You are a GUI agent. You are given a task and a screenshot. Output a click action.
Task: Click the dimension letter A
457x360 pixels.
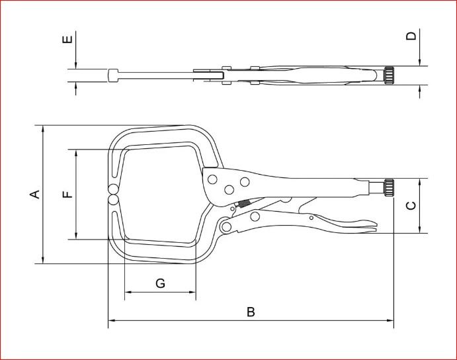[35, 195]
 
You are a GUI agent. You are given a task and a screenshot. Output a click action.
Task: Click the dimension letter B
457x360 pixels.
[251, 312]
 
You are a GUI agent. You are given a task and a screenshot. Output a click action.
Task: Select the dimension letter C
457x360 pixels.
[411, 206]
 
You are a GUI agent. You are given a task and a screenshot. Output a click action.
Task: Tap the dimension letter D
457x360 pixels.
[411, 36]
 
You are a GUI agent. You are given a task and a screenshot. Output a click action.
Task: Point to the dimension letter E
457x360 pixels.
[67, 40]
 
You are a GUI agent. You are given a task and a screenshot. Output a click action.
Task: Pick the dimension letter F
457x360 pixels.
[67, 195]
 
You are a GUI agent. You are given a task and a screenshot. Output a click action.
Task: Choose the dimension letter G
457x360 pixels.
[160, 283]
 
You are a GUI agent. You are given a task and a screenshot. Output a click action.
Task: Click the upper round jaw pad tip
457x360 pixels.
[113, 189]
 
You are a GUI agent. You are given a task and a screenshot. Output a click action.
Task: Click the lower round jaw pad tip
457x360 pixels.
[113, 200]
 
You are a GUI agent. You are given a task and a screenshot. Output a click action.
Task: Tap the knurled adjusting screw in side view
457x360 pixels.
[389, 188]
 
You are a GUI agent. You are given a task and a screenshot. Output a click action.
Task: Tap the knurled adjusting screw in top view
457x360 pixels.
[389, 75]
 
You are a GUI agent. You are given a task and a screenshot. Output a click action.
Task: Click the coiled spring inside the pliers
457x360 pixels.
[243, 204]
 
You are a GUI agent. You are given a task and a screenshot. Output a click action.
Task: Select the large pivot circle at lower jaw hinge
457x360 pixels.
[226, 226]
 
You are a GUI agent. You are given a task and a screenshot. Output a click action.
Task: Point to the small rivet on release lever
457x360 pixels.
[312, 218]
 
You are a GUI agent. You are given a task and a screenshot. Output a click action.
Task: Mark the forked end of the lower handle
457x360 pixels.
[368, 226]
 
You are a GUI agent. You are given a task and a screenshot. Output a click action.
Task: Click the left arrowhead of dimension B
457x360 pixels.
[111, 320]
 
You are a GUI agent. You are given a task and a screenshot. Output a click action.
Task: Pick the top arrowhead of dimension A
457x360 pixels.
[43, 128]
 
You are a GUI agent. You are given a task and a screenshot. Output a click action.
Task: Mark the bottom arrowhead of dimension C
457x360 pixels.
[419, 230]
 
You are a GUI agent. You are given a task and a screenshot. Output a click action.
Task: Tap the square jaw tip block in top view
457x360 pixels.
[113, 75]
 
